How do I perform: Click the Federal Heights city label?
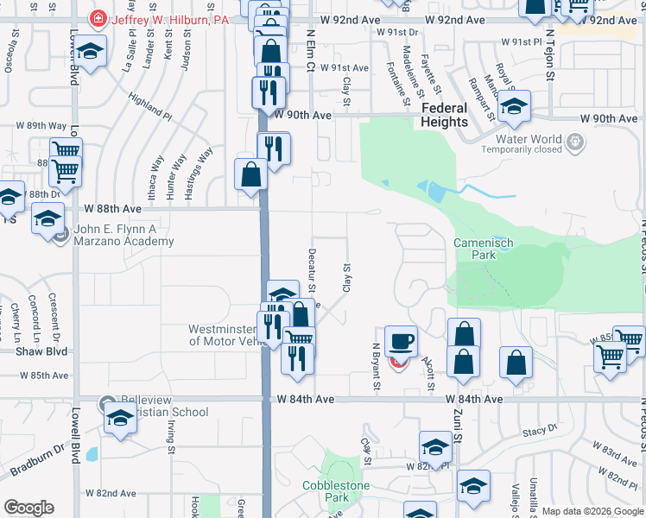445,115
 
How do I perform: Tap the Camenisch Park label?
484,250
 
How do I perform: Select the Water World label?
529,139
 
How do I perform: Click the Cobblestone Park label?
336,492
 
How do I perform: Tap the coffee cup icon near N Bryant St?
400,340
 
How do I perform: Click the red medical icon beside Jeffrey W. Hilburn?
99,19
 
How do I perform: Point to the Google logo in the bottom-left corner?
28,508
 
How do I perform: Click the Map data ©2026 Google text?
592,511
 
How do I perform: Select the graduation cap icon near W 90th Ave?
514,105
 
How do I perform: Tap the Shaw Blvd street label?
34,351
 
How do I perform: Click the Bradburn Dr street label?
37,461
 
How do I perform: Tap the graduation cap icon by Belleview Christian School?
120,419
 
